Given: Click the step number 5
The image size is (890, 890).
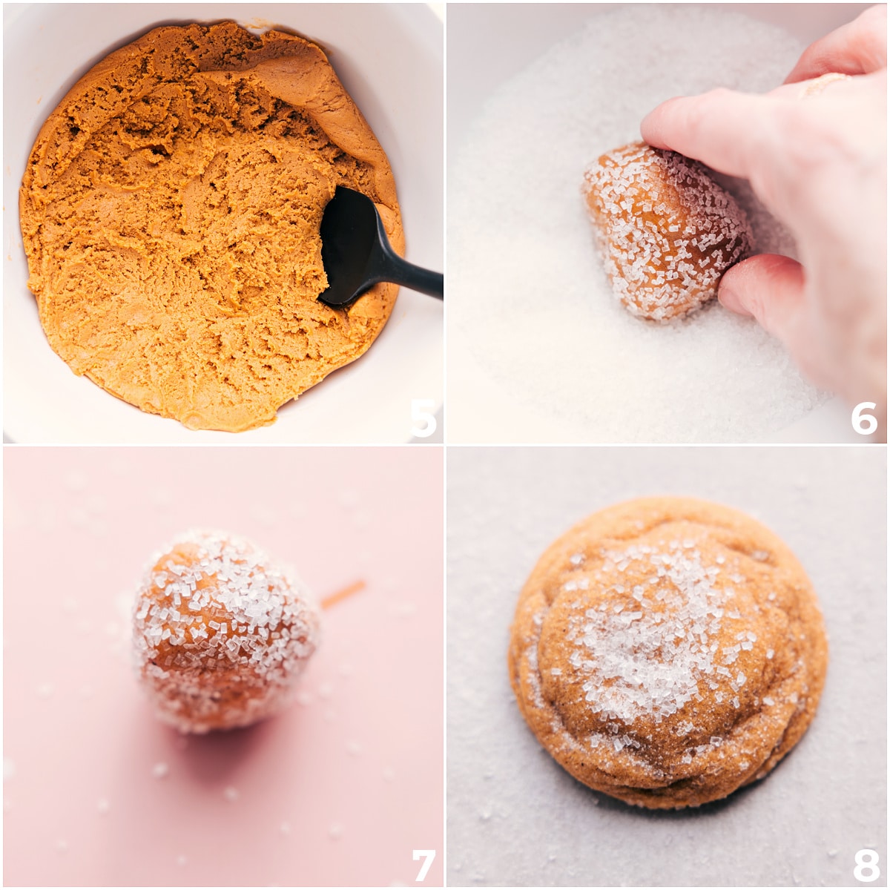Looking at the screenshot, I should [423, 418].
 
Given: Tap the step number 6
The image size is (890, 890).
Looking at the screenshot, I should [864, 418].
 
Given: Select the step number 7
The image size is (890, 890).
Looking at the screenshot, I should [423, 865].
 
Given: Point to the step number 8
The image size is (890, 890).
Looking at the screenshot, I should [865, 865].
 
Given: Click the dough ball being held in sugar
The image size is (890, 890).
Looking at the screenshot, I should [660, 230].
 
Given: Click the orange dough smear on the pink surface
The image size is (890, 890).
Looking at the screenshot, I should [343, 594].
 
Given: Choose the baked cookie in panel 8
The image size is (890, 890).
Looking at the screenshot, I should [667, 653].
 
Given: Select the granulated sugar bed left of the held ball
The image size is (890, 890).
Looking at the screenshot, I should [519, 245].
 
